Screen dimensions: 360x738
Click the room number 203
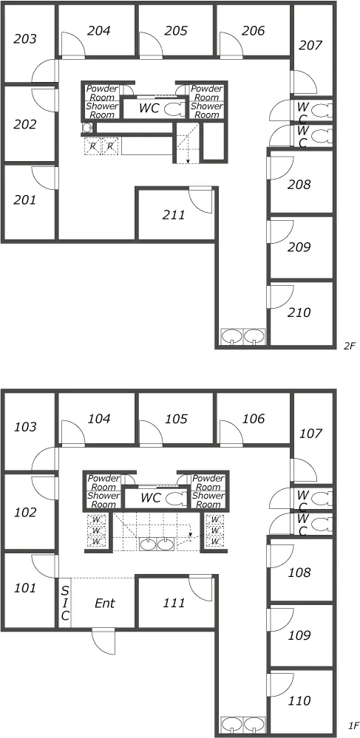coord(25,38)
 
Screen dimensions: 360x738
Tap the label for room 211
coord(174,215)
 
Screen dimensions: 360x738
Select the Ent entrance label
coord(105,603)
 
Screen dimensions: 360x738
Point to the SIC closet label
coord(66,603)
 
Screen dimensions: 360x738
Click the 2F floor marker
coord(349,346)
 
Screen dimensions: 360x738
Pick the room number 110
coord(299,701)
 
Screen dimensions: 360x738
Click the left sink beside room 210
coord(231,336)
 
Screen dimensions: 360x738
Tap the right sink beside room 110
coord(254,725)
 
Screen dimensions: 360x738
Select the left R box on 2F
coord(93,146)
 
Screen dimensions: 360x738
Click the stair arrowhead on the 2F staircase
coord(188,162)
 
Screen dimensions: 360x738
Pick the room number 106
coord(254,418)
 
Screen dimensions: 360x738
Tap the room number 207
coord(310,46)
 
